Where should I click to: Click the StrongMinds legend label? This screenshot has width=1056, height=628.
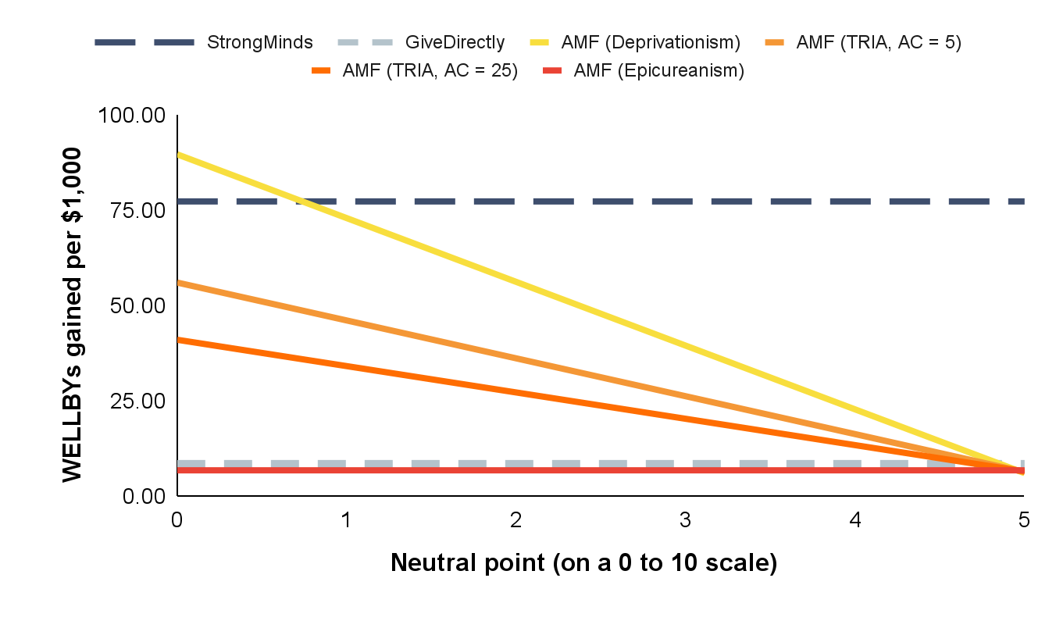pyautogui.click(x=259, y=42)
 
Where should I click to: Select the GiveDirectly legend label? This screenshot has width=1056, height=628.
pyautogui.click(x=455, y=42)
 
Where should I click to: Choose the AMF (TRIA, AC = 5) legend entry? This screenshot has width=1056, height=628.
pyautogui.click(x=878, y=42)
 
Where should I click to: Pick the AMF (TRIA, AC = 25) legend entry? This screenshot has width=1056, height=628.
pyautogui.click(x=430, y=70)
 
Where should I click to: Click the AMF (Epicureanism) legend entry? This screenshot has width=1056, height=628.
pyautogui.click(x=658, y=70)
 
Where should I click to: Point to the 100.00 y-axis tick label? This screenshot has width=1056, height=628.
pyautogui.click(x=132, y=116)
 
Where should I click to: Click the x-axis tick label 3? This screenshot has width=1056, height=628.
pyautogui.click(x=685, y=519)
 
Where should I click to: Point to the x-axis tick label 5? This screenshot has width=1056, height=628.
pyautogui.click(x=1024, y=519)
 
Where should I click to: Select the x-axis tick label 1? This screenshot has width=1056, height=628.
pyautogui.click(x=346, y=519)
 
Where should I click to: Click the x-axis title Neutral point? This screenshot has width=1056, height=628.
pyautogui.click(x=583, y=562)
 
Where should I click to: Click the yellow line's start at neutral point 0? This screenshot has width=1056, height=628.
pyautogui.click(x=178, y=154)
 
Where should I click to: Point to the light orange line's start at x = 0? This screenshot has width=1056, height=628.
pyautogui.click(x=178, y=282)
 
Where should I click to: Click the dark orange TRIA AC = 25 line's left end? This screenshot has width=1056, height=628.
pyautogui.click(x=178, y=339)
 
